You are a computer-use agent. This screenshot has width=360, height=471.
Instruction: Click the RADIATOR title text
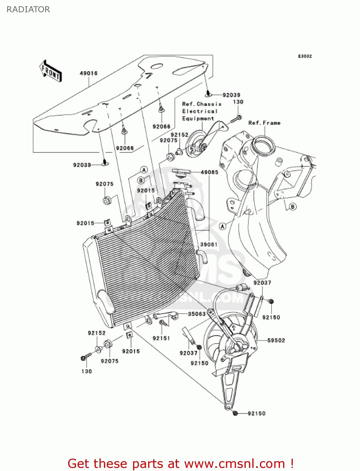[28, 9]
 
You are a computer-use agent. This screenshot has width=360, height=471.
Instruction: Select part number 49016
[89, 73]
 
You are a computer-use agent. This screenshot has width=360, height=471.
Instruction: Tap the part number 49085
[209, 172]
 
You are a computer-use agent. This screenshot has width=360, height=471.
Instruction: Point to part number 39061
[209, 244]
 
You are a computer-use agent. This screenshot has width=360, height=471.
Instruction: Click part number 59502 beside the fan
[276, 340]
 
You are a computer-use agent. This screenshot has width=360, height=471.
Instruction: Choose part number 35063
[197, 314]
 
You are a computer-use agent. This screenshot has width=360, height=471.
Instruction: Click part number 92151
[161, 338]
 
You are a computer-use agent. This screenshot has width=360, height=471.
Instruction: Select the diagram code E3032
[305, 56]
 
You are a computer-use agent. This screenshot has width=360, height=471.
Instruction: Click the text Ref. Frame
[264, 123]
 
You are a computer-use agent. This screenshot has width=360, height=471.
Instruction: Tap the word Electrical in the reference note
[200, 111]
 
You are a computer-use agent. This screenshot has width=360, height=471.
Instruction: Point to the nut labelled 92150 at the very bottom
[235, 413]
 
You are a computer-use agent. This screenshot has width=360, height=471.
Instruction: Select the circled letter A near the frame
[222, 226]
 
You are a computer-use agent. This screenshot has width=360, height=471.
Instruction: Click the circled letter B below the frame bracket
[293, 207]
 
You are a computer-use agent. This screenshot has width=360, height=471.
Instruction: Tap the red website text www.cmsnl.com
[234, 463]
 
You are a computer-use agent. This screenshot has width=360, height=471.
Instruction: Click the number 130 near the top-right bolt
[238, 102]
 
